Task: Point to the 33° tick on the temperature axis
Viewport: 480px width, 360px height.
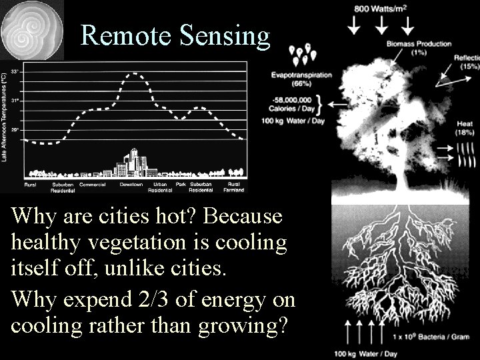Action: tap(15, 71)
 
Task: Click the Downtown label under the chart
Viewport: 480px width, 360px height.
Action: tap(131, 184)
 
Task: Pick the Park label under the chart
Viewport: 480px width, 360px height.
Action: tap(181, 184)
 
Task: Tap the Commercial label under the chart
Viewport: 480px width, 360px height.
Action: tap(93, 184)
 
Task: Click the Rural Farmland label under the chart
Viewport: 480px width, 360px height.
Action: tap(233, 187)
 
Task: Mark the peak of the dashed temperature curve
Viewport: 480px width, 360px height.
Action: tap(135, 74)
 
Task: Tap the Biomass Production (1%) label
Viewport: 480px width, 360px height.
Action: tap(418, 48)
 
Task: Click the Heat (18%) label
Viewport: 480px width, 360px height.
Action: tap(464, 128)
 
